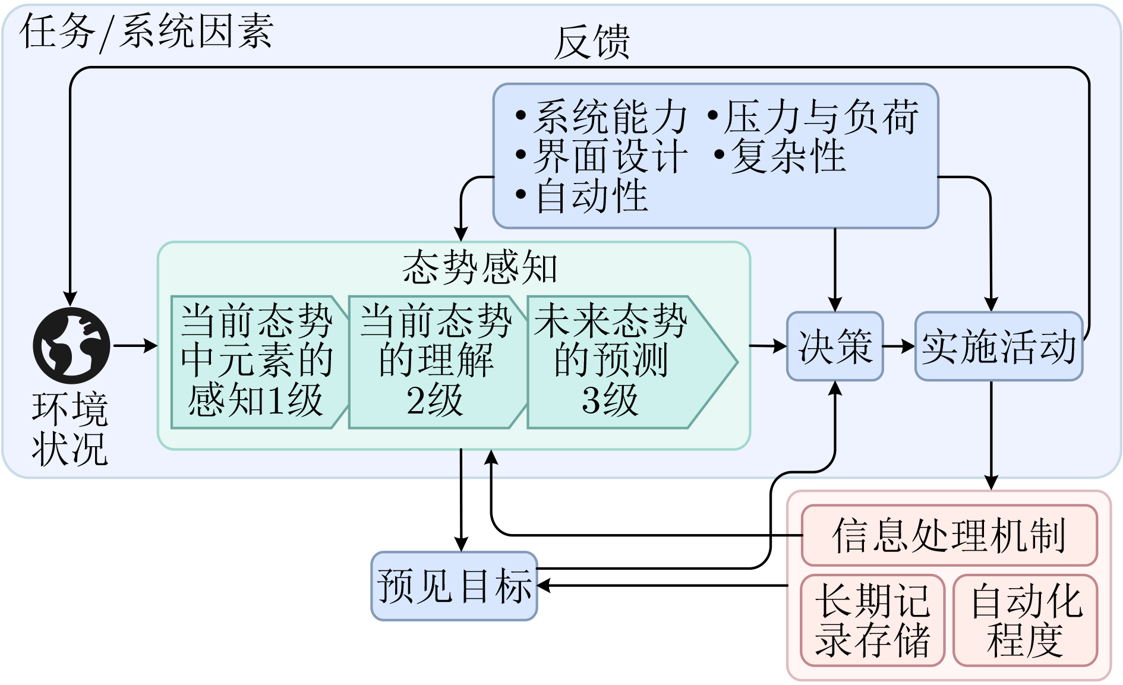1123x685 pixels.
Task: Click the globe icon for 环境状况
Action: coord(71,345)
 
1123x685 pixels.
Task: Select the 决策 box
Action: coord(835,346)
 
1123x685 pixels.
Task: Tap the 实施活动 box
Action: coord(999,346)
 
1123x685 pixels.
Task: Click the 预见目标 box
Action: coord(454,586)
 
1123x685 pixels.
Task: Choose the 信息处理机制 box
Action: coord(949,535)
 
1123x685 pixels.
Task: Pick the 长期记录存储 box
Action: coord(872,620)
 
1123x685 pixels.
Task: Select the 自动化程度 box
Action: coord(1026,620)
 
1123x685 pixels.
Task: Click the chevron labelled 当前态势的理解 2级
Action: coord(436,361)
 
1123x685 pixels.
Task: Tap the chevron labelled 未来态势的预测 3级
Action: coord(618,361)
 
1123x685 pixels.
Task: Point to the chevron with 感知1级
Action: coord(257,361)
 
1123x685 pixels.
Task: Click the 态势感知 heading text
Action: coord(480,267)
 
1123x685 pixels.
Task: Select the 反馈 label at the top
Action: coord(592,43)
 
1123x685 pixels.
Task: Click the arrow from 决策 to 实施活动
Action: coord(898,346)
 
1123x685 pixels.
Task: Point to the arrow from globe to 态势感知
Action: coord(134,345)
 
